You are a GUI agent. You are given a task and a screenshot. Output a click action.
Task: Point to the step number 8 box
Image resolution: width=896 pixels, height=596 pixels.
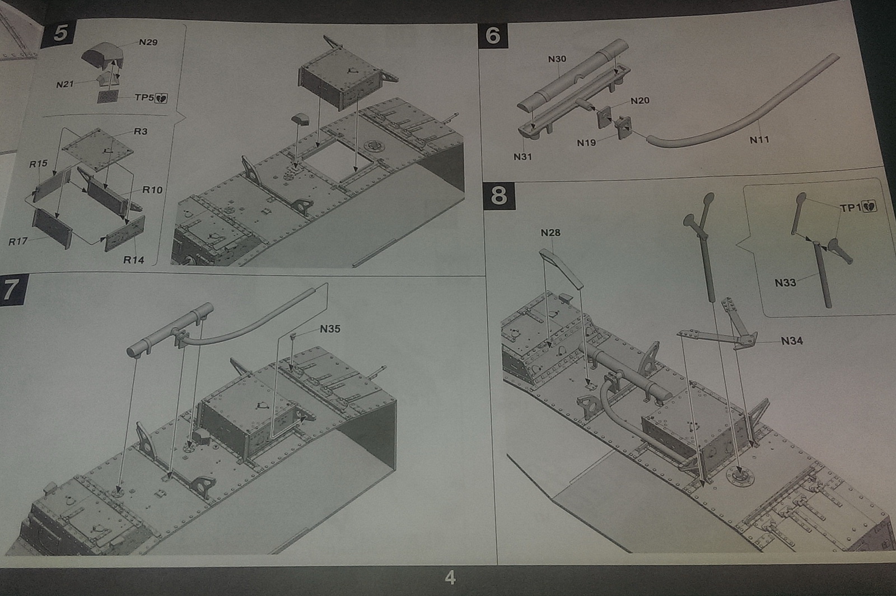(x=498, y=195)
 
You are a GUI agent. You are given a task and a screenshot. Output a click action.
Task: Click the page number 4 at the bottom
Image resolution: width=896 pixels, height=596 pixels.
(x=450, y=578)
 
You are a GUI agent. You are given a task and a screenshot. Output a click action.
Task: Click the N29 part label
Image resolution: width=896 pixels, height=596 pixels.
(x=148, y=43)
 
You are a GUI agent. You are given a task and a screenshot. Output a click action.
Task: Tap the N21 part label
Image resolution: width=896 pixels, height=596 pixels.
(x=65, y=85)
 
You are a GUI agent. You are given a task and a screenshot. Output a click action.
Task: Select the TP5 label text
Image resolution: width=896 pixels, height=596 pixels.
(x=144, y=97)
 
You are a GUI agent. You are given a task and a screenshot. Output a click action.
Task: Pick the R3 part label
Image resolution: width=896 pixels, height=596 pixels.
(x=141, y=132)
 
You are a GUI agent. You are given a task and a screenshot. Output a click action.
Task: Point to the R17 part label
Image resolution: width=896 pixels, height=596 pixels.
(x=18, y=242)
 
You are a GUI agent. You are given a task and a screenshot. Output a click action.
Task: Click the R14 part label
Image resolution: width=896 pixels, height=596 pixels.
(x=133, y=260)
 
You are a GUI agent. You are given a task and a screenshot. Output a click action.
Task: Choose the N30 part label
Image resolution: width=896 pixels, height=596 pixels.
(x=557, y=59)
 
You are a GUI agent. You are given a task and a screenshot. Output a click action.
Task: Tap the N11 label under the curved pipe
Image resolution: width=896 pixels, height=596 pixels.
(x=759, y=140)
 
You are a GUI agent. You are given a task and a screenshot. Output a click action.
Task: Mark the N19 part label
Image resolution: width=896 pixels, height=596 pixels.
(x=586, y=143)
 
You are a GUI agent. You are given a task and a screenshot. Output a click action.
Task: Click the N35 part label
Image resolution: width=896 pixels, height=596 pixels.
(x=330, y=329)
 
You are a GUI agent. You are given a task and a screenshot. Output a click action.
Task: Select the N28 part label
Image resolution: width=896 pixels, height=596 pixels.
(x=550, y=232)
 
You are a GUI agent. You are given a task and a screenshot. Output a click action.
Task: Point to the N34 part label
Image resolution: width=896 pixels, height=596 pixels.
(x=792, y=341)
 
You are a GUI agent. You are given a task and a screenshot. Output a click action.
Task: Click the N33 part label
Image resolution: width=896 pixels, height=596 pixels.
(x=785, y=283)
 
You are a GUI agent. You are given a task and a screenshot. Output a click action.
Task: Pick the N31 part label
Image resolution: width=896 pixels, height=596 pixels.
(x=522, y=157)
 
